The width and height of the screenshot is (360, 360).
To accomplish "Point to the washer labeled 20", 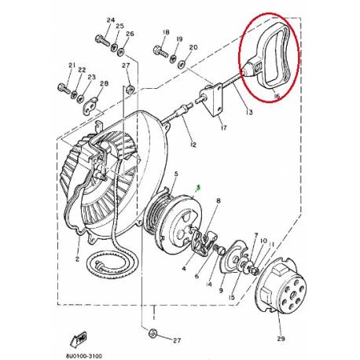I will point(182,61).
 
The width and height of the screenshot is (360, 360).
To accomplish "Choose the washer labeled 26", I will point(128,48).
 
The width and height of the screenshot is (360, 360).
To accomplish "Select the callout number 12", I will point(192,145).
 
